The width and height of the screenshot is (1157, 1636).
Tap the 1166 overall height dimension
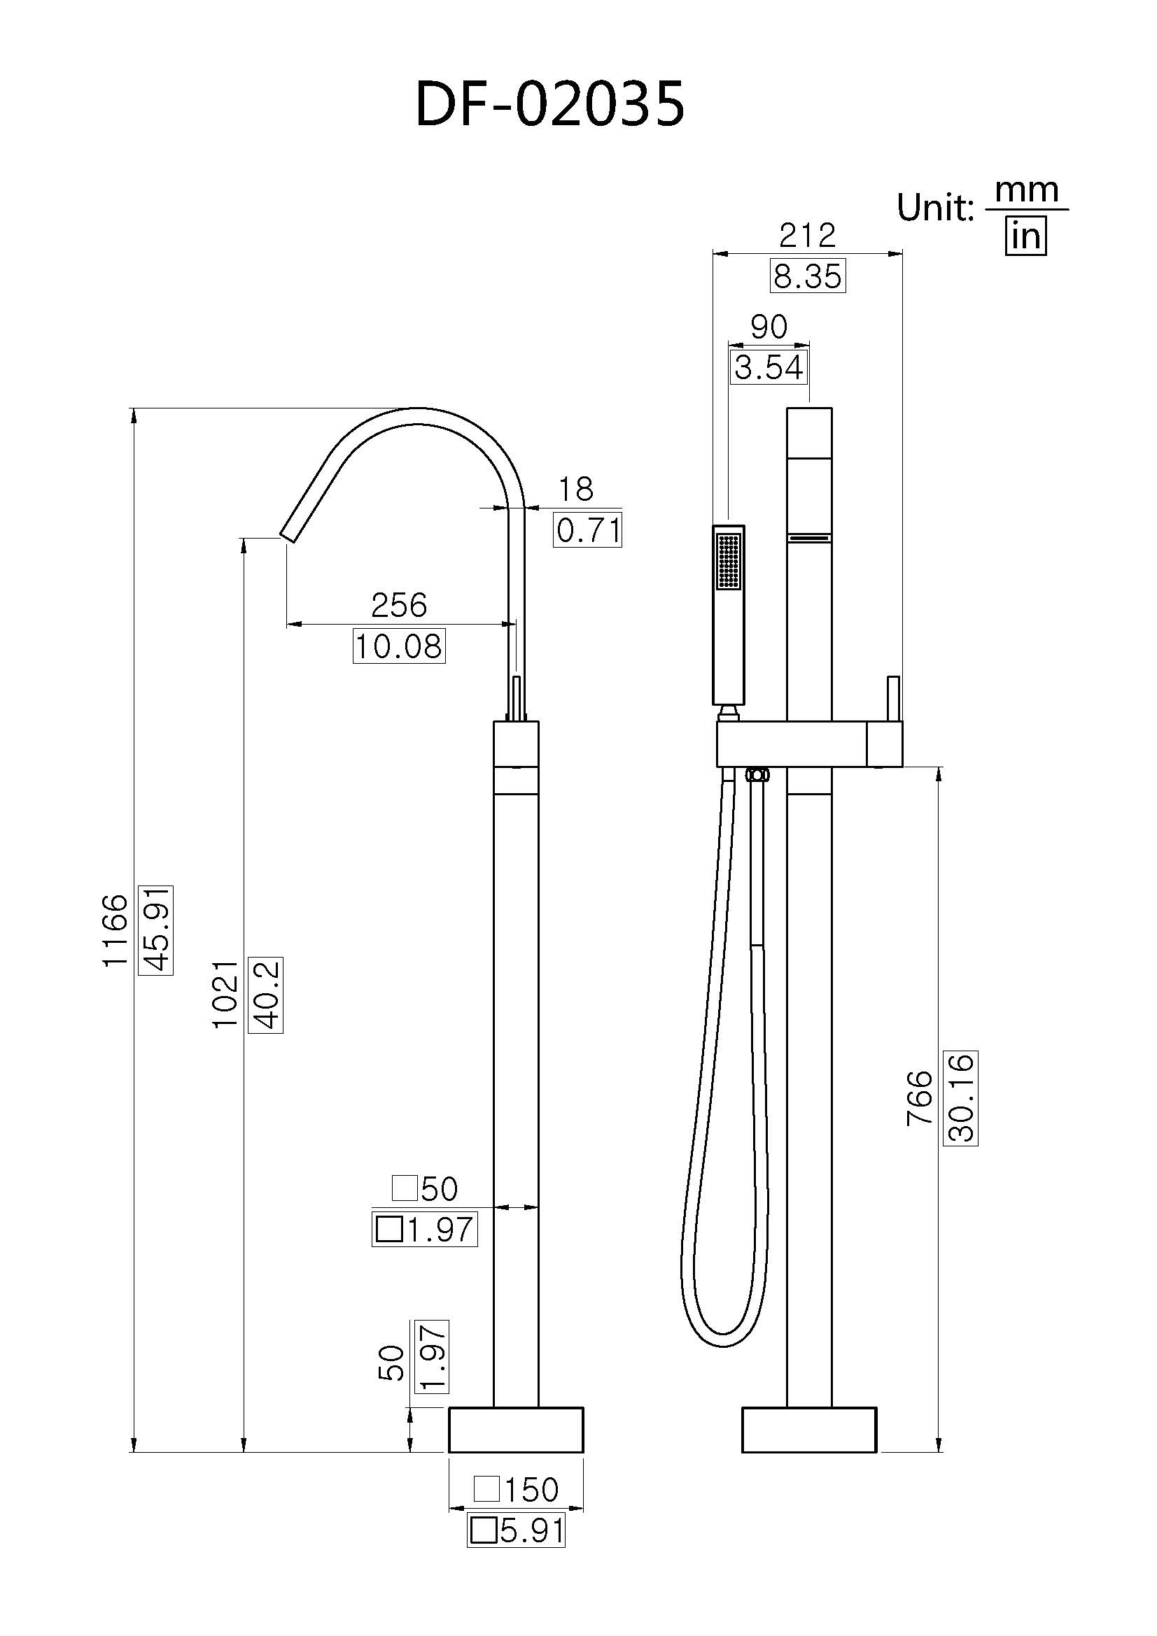tap(115, 930)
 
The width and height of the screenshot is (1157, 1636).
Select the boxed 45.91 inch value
tap(156, 930)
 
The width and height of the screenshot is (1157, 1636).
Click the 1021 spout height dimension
tap(225, 994)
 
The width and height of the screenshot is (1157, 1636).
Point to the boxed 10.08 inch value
tap(398, 646)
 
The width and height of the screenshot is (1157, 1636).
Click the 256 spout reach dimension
tap(398, 606)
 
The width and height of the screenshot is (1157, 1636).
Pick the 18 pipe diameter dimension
tap(575, 489)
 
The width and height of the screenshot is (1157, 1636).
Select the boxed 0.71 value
tap(587, 530)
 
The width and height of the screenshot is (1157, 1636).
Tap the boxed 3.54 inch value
tap(769, 368)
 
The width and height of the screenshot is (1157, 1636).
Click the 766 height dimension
tap(920, 1098)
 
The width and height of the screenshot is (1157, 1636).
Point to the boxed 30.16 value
tap(960, 1098)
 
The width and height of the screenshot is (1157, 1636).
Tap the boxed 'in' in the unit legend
tap(1025, 236)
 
